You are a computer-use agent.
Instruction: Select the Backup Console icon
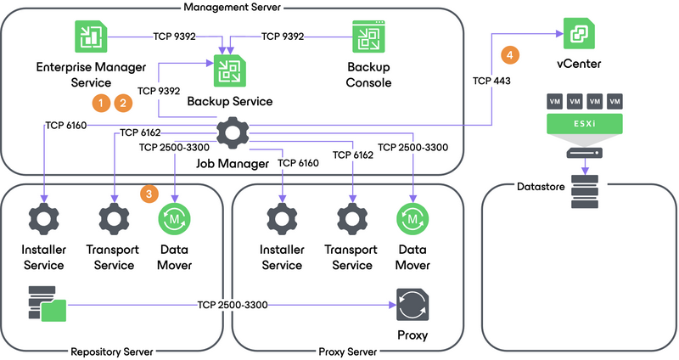tap(369, 38)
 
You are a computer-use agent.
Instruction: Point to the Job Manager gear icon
tap(230, 133)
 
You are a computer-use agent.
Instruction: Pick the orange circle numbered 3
tap(148, 194)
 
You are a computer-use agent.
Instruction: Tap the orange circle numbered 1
tap(101, 103)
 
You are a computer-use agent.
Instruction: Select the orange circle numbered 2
tap(123, 103)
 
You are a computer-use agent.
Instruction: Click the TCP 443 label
tap(492, 81)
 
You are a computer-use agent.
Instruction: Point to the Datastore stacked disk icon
tap(585, 193)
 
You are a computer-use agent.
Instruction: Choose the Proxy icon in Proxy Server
tap(412, 304)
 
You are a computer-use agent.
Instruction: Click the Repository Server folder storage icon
tap(48, 304)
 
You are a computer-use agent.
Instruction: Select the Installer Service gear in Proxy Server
tap(281, 218)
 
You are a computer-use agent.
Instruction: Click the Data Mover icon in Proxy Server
tap(412, 218)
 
